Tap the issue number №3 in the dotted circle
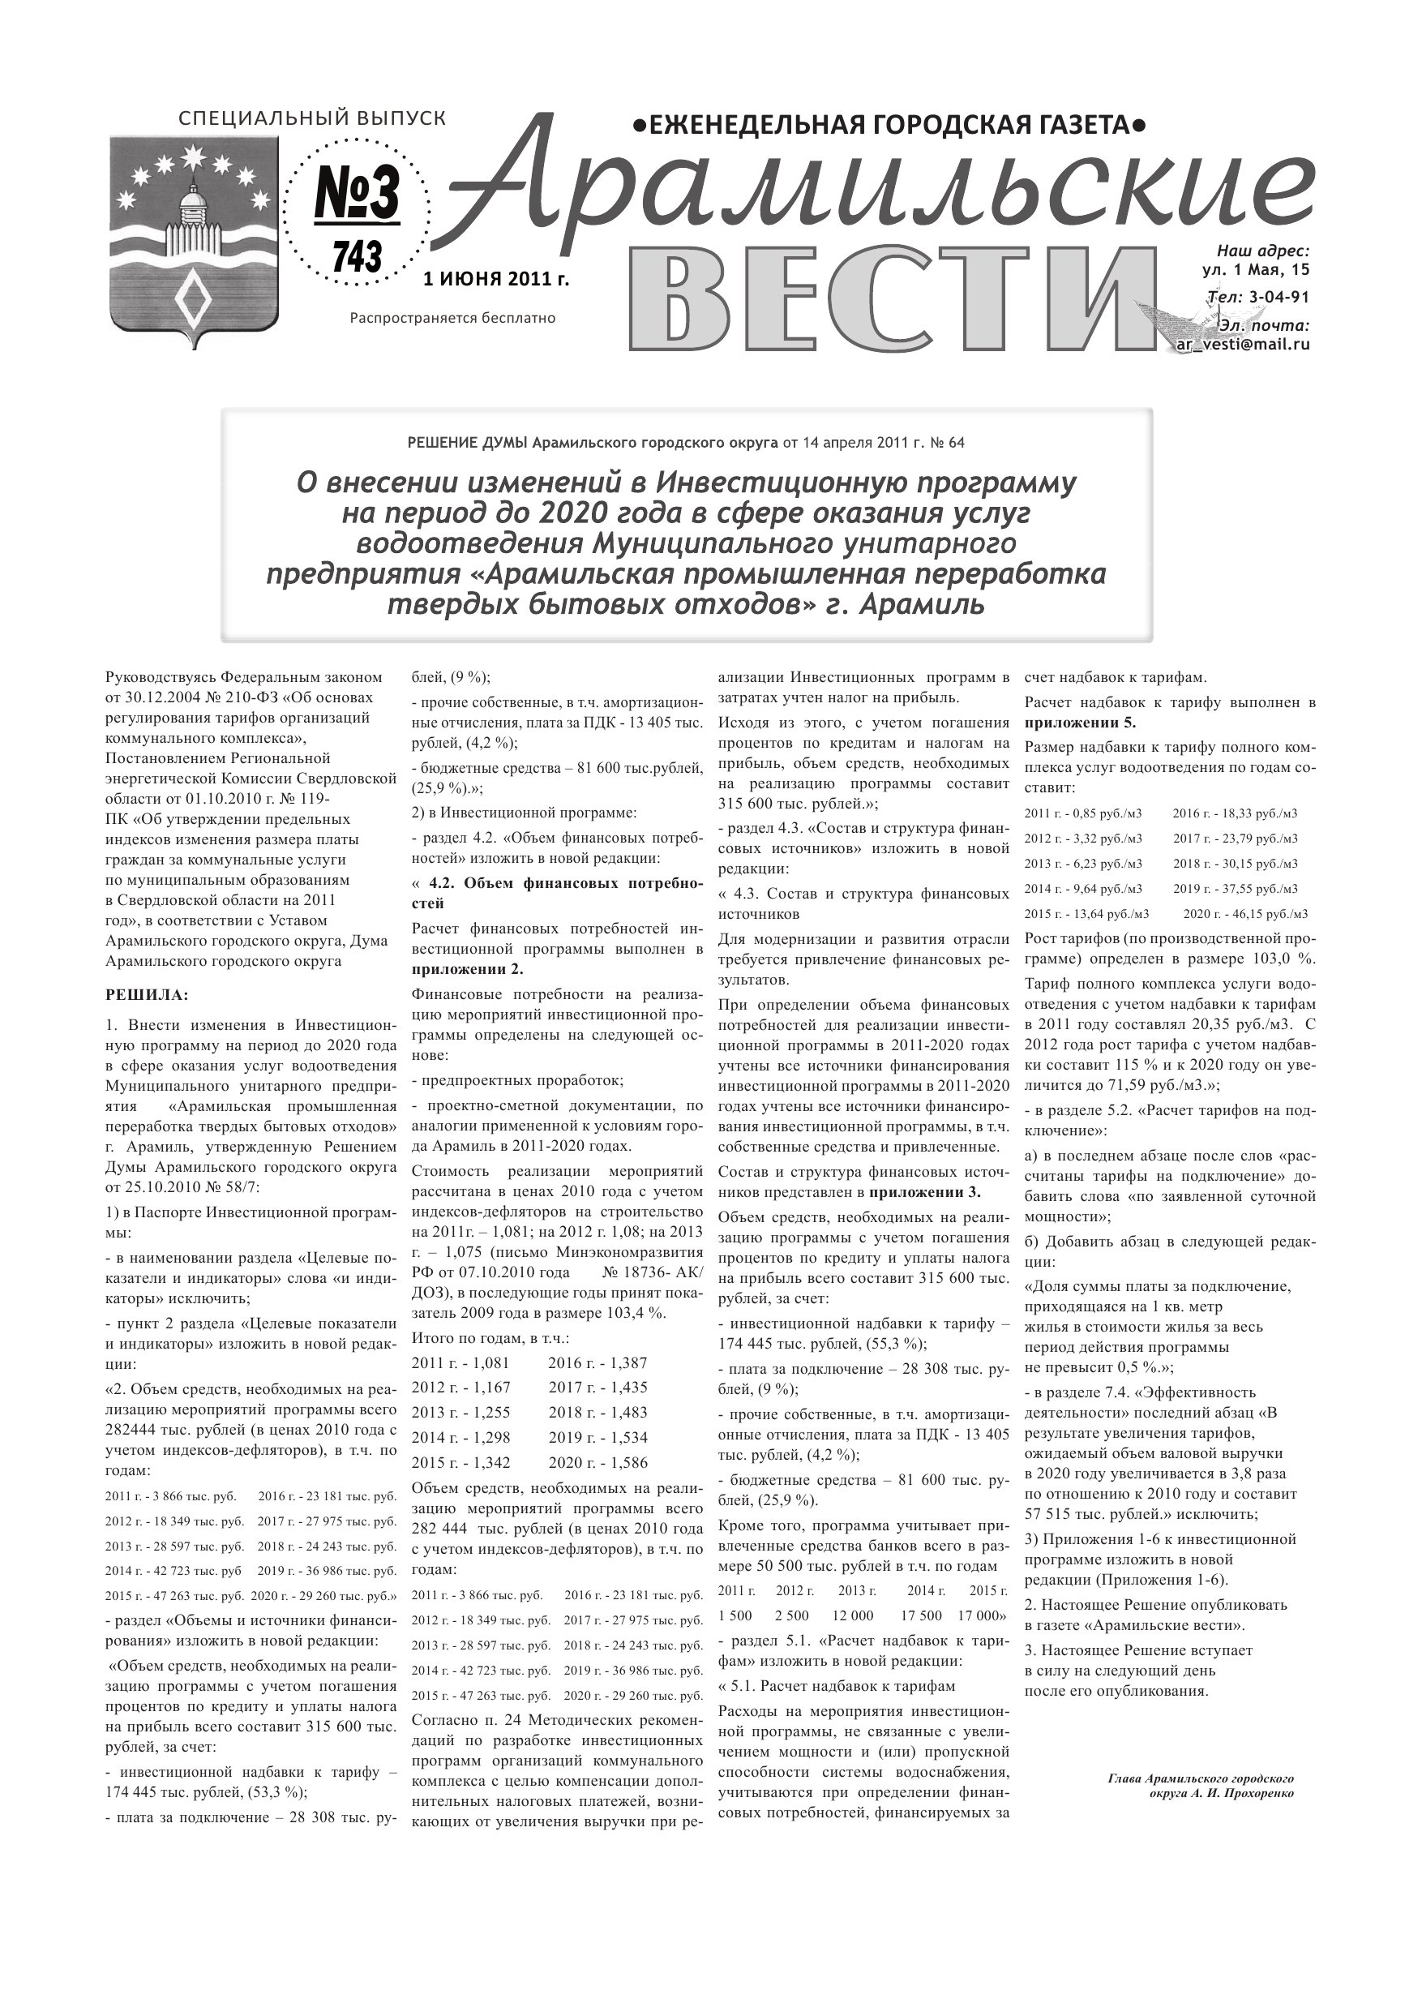click(357, 195)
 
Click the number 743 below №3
click(358, 258)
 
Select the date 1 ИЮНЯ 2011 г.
click(496, 280)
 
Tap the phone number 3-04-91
click(1279, 297)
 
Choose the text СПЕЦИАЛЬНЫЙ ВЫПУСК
click(311, 118)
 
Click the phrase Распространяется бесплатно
click(452, 318)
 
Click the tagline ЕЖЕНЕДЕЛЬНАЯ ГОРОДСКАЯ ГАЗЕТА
click(889, 127)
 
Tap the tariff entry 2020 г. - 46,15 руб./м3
click(1245, 914)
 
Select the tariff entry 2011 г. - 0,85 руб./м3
click(1089, 813)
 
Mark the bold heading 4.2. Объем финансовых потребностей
click(556, 892)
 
